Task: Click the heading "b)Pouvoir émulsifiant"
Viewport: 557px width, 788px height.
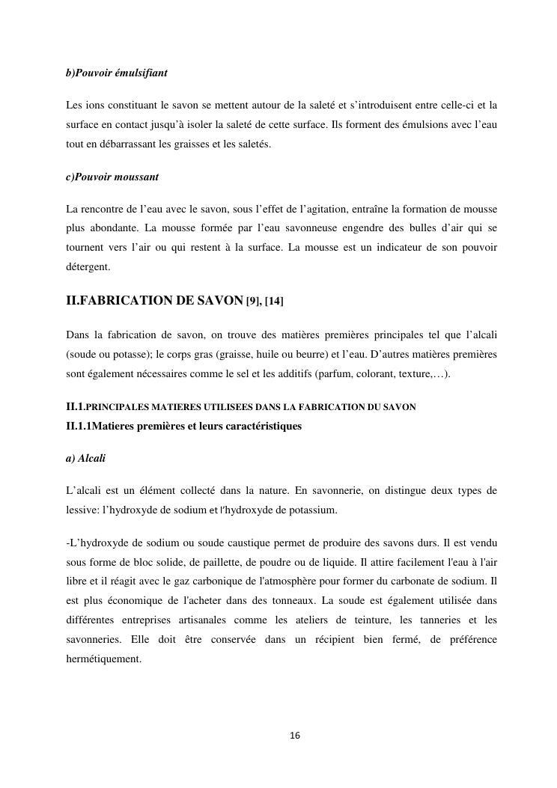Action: tap(116, 73)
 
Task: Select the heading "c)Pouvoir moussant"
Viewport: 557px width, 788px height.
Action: tap(112, 177)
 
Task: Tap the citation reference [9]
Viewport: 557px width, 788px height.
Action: tap(253, 302)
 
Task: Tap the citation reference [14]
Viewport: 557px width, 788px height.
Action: tap(274, 302)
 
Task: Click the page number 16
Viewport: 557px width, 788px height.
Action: tap(294, 736)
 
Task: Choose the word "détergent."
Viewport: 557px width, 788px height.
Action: tap(88, 266)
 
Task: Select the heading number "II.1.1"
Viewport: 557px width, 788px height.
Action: tap(80, 426)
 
